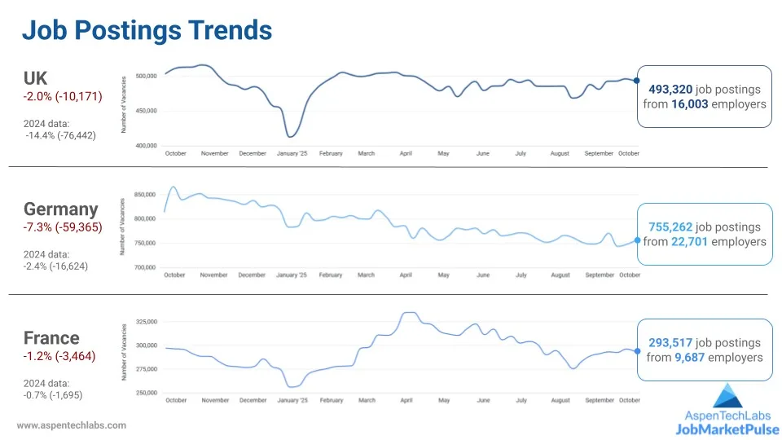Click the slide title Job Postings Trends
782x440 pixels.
tap(147, 30)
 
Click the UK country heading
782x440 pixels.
tap(36, 78)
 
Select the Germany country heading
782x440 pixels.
tap(60, 209)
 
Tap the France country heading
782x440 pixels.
tap(51, 338)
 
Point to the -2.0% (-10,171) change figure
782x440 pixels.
tap(63, 96)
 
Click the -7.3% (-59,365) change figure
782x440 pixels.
tap(63, 227)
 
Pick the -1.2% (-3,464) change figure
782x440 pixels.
tap(59, 356)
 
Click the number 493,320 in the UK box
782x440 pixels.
tap(670, 89)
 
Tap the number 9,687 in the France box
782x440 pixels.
tap(691, 357)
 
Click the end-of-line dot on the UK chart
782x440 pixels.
tap(636, 80)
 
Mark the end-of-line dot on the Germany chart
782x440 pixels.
tap(637, 240)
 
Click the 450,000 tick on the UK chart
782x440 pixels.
tap(146, 111)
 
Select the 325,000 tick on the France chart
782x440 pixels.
tap(146, 323)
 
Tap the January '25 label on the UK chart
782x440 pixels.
tap(292, 153)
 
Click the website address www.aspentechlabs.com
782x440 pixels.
tap(72, 425)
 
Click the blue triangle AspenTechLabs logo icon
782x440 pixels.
tap(728, 396)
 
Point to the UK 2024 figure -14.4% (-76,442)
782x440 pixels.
tap(61, 135)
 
